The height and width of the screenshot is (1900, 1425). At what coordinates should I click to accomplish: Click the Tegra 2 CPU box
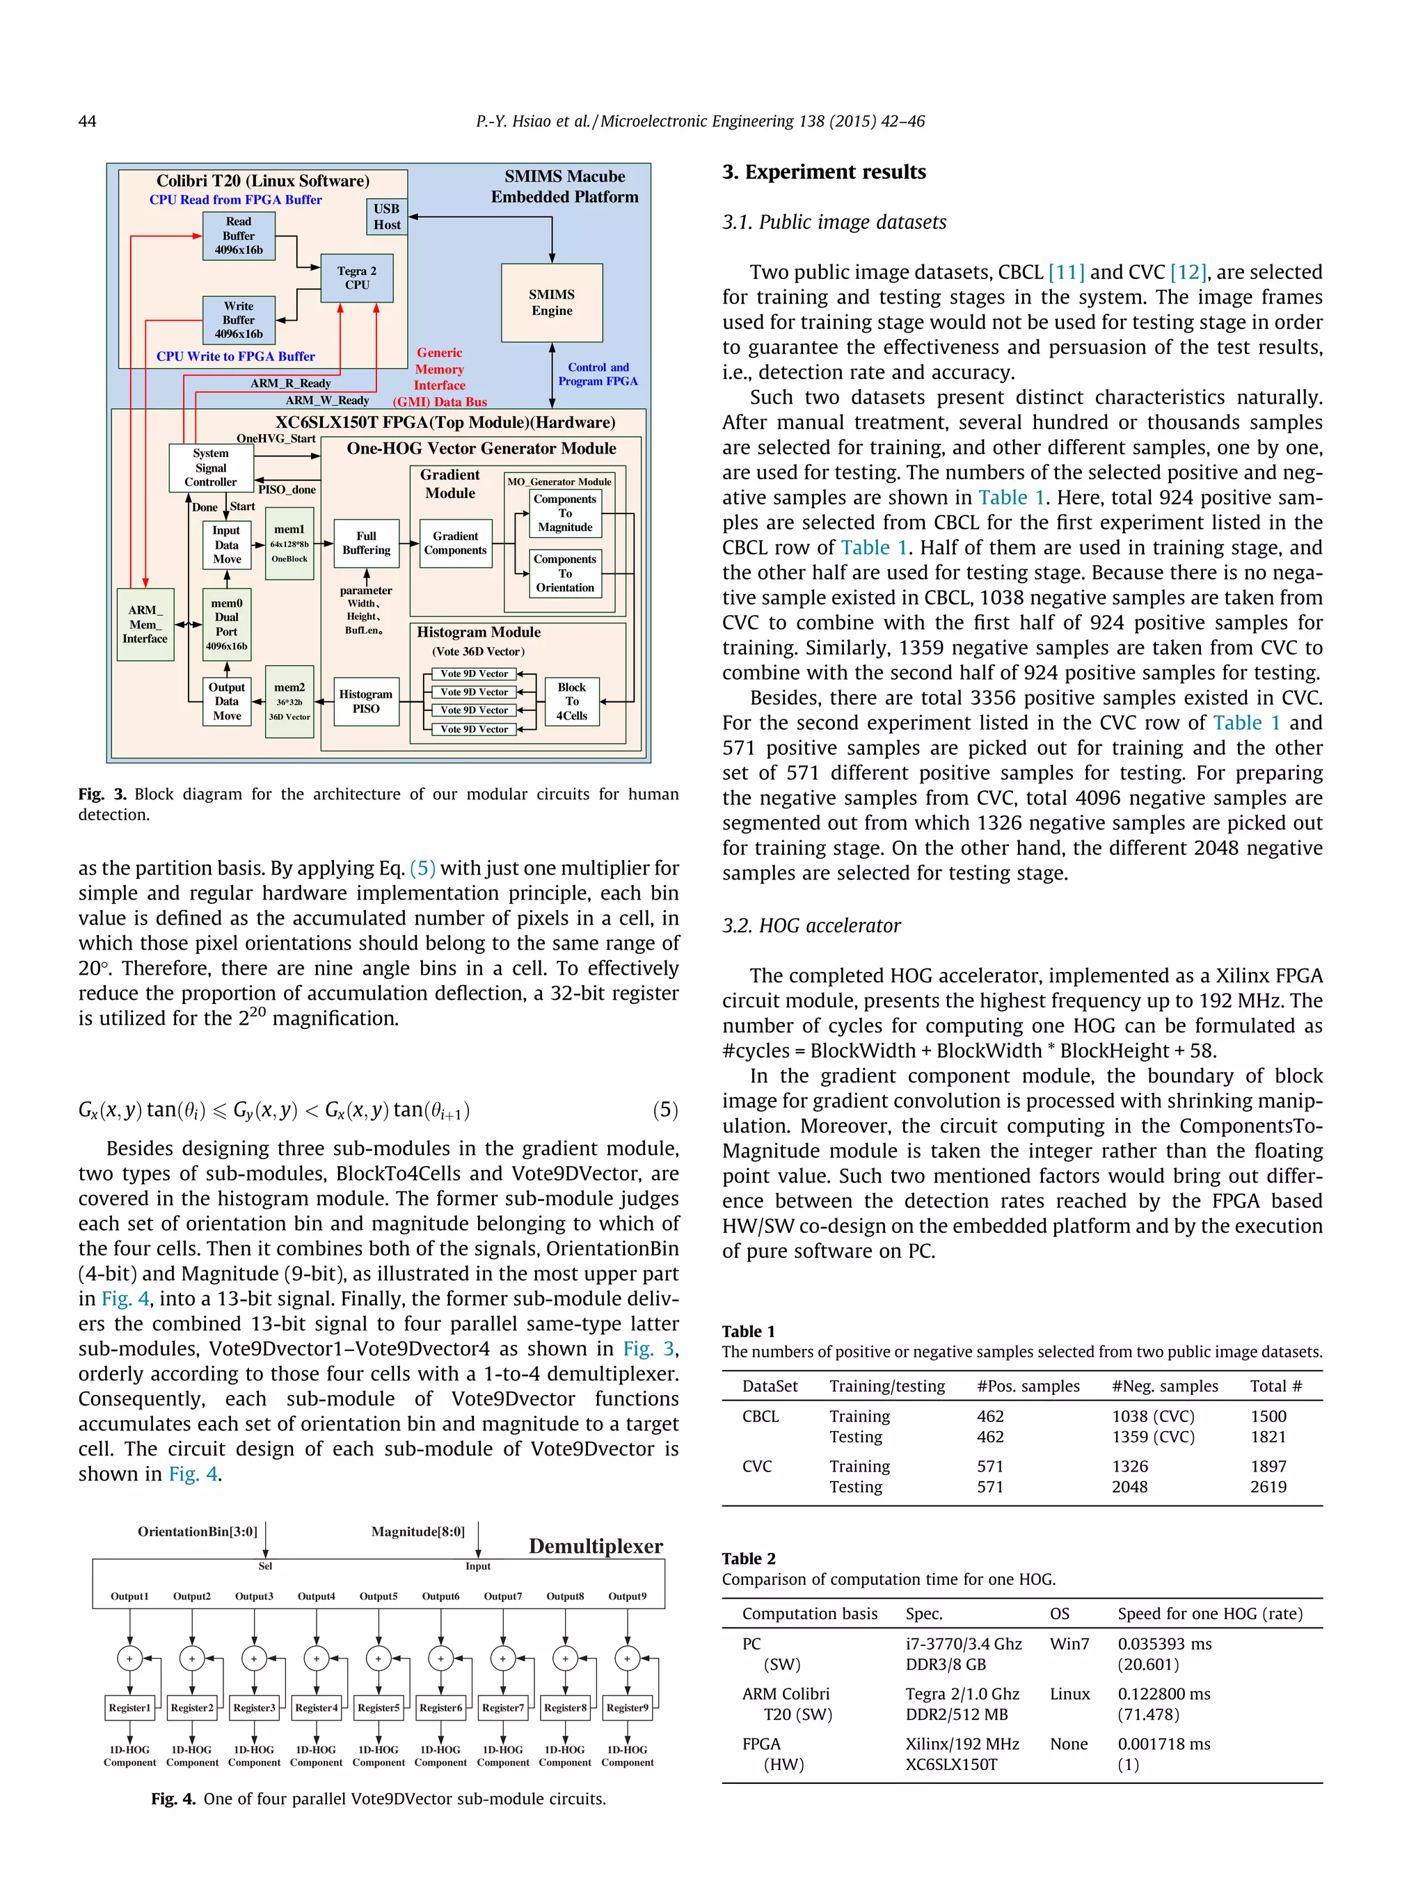[x=356, y=278]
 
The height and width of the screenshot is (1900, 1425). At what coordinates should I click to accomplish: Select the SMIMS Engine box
[x=552, y=303]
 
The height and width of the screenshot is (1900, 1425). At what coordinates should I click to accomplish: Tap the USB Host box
[x=387, y=216]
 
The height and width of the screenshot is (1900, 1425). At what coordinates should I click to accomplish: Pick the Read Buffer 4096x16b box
[x=239, y=235]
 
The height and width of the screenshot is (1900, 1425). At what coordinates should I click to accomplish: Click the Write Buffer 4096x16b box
[x=239, y=319]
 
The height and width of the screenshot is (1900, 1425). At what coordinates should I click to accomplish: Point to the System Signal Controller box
[x=210, y=468]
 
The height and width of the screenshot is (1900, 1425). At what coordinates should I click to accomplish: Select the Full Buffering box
[x=366, y=543]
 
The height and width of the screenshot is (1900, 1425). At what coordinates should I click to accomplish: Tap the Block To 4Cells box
[x=571, y=701]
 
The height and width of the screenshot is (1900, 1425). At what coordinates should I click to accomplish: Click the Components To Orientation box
[x=564, y=573]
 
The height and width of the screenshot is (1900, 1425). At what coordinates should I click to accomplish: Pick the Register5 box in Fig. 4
[x=378, y=1707]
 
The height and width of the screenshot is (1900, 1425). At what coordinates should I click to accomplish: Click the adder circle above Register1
[x=129, y=1659]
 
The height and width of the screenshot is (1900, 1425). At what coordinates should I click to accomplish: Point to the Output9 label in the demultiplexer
[x=627, y=1596]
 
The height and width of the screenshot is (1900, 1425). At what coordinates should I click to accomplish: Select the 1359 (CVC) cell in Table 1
[x=1153, y=1436]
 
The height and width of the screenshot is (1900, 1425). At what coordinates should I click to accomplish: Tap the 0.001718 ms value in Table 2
[x=1164, y=1743]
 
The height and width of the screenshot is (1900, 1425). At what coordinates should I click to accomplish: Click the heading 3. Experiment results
[x=824, y=172]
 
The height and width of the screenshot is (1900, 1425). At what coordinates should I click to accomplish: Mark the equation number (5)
[x=664, y=1110]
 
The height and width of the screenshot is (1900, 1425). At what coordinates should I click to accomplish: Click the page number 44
[x=87, y=121]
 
